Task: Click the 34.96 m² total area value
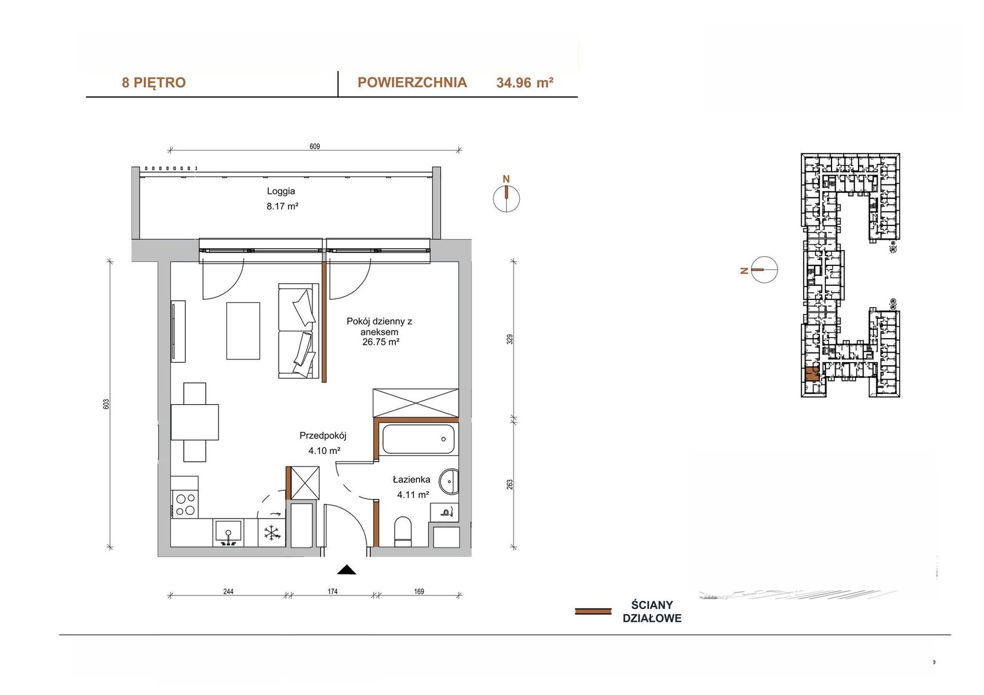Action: click(525, 82)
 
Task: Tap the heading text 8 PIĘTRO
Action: click(154, 82)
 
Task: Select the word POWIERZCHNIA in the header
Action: click(412, 82)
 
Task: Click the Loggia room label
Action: click(281, 191)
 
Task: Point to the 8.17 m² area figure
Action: click(282, 206)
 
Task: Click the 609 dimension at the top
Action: click(314, 146)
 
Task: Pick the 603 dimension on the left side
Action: click(106, 404)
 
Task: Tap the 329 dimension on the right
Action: click(510, 339)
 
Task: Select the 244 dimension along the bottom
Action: click(228, 591)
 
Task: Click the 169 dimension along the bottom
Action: click(419, 591)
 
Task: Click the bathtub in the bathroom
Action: click(418, 439)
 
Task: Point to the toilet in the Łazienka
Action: click(403, 532)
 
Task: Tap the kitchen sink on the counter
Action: click(228, 533)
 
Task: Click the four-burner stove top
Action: click(185, 505)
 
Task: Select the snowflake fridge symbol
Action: click(272, 533)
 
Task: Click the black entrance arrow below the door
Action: click(347, 570)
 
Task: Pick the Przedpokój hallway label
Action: click(323, 436)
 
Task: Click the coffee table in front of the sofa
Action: click(243, 331)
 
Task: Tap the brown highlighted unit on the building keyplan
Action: click(812, 374)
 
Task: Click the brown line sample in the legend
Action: click(593, 611)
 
